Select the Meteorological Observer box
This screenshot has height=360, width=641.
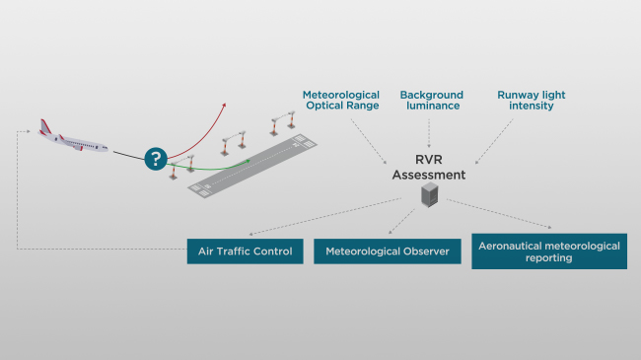click(x=388, y=252)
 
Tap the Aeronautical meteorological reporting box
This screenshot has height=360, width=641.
click(x=548, y=251)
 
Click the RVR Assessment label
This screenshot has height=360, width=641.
click(x=428, y=167)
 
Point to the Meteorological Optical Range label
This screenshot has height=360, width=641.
click(x=340, y=100)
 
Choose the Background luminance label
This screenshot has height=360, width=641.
click(x=430, y=100)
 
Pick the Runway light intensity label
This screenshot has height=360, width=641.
click(x=532, y=100)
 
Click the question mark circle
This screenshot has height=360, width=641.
click(x=155, y=158)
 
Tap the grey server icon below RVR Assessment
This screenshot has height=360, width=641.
click(x=428, y=195)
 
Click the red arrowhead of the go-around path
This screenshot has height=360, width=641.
click(x=224, y=104)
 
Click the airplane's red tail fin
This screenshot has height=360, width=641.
click(x=45, y=127)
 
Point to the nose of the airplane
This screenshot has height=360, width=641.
click(x=108, y=150)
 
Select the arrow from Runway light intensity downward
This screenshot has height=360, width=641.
click(x=494, y=142)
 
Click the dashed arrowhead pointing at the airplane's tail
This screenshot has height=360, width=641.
click(x=34, y=131)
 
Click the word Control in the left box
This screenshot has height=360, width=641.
click(x=270, y=251)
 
